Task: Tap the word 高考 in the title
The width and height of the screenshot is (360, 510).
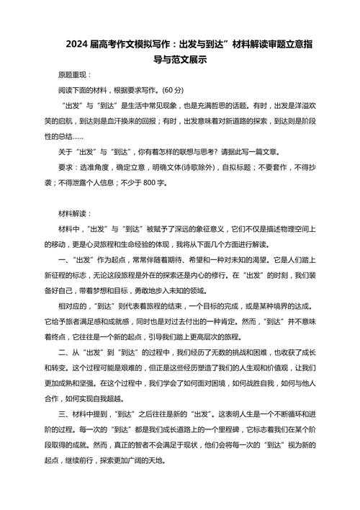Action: coord(94,43)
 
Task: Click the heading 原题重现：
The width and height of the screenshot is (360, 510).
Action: coord(75,76)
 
